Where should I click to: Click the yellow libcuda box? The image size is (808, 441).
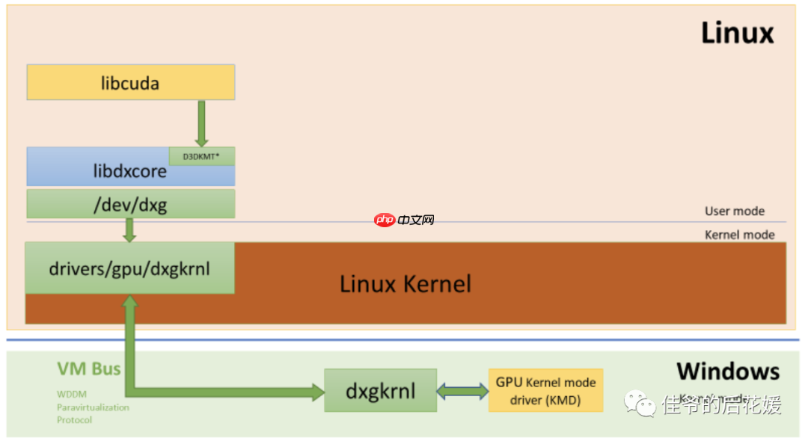point(130,82)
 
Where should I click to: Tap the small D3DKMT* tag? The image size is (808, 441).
point(202,156)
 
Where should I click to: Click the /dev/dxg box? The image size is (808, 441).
point(130,204)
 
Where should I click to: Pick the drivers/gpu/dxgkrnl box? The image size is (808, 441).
point(129,268)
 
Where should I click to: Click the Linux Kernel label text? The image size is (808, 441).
point(405,284)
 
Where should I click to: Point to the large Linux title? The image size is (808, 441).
point(736,34)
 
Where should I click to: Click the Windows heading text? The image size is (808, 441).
point(727,371)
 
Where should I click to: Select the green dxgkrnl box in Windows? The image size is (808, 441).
point(380,390)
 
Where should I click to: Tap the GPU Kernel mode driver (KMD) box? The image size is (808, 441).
point(545,390)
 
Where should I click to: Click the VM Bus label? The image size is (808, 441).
point(88,368)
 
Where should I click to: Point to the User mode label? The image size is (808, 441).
point(734,212)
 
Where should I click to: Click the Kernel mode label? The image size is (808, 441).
point(739,235)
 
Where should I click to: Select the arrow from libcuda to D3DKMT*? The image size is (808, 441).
point(201,123)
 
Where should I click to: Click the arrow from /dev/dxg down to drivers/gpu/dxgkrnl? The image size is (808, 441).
point(129,229)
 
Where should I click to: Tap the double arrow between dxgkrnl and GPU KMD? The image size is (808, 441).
point(462,390)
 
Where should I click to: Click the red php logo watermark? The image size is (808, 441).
point(385,220)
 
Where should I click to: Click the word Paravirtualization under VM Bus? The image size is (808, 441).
point(93,407)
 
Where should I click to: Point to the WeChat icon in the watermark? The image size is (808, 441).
point(642,404)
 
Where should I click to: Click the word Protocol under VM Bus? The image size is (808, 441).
point(74,420)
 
